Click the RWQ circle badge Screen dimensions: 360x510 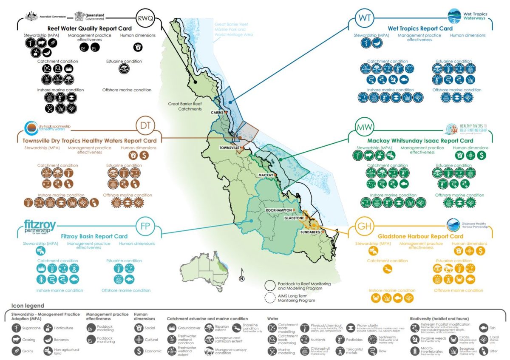click(x=146, y=19)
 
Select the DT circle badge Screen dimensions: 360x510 click(x=146, y=126)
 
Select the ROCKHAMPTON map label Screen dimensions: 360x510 click(x=278, y=210)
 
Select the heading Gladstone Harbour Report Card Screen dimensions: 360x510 click(x=420, y=236)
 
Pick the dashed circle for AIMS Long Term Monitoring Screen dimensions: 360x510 click(x=272, y=298)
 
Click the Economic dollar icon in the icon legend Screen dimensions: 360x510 click(x=138, y=351)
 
